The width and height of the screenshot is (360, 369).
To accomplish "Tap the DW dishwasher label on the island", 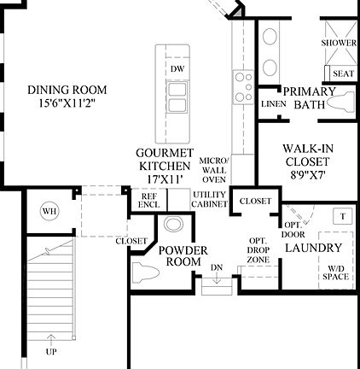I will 177,68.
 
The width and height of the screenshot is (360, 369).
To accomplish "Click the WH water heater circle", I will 49,211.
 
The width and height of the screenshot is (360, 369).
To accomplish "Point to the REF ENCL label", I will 148,201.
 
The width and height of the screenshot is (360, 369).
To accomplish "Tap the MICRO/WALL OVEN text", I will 212,169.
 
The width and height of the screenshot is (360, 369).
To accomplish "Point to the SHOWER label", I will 339,43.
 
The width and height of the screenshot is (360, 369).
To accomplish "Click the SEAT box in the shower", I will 343,73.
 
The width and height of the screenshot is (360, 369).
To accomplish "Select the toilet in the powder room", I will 146,274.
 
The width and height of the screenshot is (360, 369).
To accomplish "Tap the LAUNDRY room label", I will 312,248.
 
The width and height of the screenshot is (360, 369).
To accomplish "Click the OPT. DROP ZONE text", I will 258,251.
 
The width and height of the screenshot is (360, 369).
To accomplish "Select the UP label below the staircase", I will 51,351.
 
